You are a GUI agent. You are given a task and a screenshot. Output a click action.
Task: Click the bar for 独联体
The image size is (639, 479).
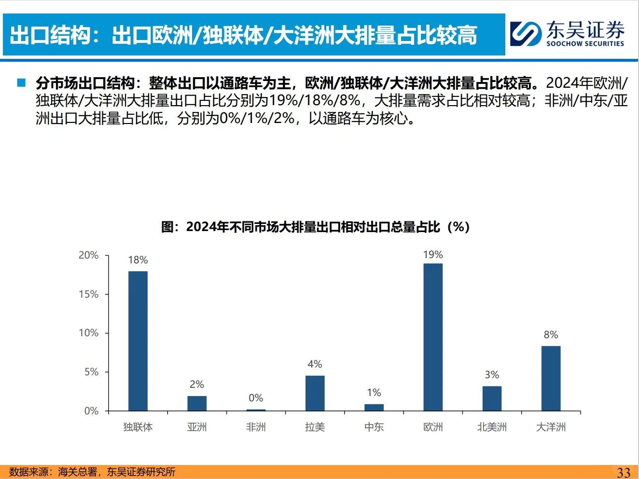[x=138, y=341]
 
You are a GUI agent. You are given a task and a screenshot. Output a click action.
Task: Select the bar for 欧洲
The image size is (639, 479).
[x=433, y=337]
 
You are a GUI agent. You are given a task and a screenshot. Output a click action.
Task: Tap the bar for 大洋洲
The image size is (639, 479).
[x=551, y=378]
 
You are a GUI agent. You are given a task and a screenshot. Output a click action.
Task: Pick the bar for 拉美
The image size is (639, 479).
[x=315, y=393]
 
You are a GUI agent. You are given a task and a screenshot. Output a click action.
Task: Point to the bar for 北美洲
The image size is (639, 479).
[x=492, y=398]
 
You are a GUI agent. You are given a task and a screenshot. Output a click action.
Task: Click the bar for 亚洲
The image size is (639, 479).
[x=197, y=403]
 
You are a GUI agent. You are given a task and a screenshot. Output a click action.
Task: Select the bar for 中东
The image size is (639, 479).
[x=374, y=408]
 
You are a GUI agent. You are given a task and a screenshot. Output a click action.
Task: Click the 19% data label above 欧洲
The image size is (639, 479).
[x=433, y=255]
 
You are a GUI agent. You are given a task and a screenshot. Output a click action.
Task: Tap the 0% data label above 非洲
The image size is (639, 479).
[x=256, y=398]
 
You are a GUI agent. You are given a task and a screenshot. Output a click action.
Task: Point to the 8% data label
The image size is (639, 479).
[x=551, y=335]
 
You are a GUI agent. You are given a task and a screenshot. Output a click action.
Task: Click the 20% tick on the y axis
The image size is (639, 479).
[x=89, y=255]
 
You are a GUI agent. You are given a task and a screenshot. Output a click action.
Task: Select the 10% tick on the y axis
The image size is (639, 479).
[x=89, y=333]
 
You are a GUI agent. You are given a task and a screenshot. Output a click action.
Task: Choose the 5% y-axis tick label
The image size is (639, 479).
[x=91, y=372]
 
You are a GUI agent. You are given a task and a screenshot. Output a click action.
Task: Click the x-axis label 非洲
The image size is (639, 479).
[x=256, y=427]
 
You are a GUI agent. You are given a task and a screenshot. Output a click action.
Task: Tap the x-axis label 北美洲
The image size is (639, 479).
[x=492, y=427]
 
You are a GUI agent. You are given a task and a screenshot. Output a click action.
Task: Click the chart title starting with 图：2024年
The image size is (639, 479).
[x=315, y=227]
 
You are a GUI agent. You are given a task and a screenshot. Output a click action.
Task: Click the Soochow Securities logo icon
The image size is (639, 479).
[x=526, y=33]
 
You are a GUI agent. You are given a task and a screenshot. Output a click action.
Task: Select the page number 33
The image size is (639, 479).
[x=624, y=472]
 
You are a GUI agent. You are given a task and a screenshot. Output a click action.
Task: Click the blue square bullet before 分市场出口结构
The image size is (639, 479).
[x=21, y=82]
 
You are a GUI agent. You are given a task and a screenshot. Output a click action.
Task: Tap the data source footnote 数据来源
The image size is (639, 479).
[x=92, y=472]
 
